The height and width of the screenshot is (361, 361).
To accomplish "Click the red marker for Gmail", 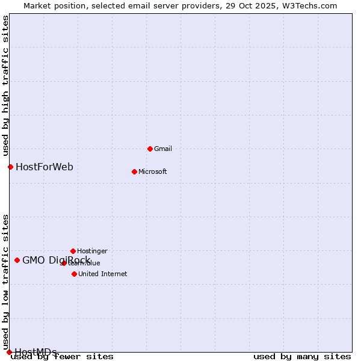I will click(x=150, y=149).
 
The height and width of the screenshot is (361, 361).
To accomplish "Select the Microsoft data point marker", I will click(x=134, y=171).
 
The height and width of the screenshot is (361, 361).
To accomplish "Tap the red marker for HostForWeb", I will click(x=10, y=167).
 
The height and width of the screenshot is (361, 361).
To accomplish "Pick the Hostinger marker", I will click(x=73, y=251).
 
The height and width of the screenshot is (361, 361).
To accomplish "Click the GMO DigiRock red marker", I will click(x=17, y=260).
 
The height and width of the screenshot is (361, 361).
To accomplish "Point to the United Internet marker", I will click(x=74, y=274).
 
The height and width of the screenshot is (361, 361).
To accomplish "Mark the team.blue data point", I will click(x=64, y=263).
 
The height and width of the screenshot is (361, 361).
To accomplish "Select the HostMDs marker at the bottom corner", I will click(x=9, y=352).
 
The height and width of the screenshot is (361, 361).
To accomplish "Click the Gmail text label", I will click(x=163, y=149).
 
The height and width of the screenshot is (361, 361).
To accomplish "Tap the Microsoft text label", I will click(x=153, y=171).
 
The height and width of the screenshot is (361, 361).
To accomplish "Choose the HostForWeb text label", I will click(x=45, y=167).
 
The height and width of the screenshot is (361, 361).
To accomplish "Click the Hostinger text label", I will click(x=92, y=251).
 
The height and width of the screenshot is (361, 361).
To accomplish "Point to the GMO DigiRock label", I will click(x=56, y=260).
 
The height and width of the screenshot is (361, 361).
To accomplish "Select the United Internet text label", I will click(x=102, y=274).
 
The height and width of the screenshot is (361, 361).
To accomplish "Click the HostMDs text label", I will click(x=35, y=352).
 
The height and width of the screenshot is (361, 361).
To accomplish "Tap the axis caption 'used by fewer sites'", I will click(x=62, y=357).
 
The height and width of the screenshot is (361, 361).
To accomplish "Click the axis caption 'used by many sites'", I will click(x=302, y=357).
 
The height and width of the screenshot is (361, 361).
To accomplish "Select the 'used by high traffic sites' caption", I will click(x=5, y=85).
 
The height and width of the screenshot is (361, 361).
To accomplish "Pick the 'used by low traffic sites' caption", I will click(x=5, y=282).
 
